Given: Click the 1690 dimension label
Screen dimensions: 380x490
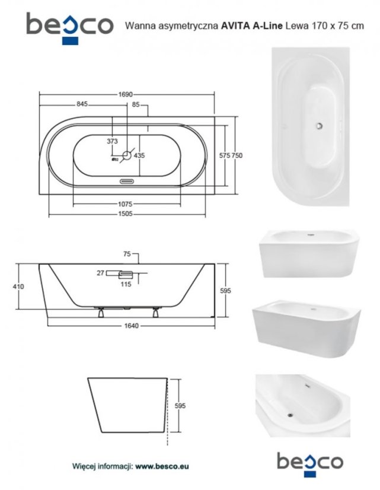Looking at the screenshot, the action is (126, 94).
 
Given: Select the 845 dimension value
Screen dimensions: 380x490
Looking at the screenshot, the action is (82, 104).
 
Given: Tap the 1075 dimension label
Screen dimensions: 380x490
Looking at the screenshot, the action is (125, 204).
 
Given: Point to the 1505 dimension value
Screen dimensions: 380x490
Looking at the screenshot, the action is (125, 214).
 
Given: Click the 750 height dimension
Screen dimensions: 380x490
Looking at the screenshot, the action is (237, 155).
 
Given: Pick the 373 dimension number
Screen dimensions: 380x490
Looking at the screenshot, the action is (113, 141).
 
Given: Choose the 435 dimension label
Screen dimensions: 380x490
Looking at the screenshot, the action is (139, 155).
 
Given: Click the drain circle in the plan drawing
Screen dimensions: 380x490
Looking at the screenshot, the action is (127, 155).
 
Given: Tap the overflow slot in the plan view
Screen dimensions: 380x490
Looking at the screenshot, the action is (127, 182).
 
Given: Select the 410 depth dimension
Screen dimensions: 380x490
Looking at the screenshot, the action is (18, 287).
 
